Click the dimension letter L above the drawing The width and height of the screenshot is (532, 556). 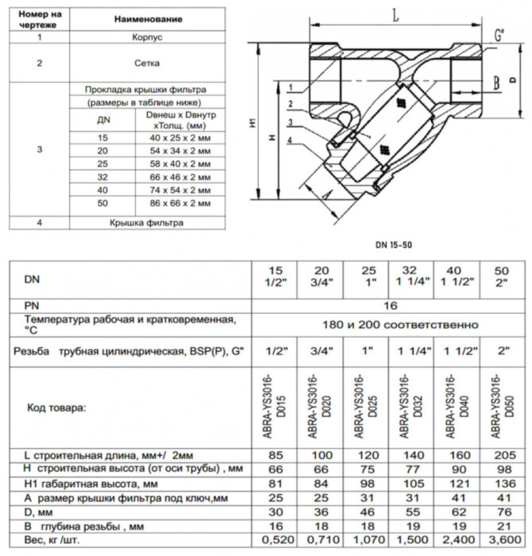tap(395, 15)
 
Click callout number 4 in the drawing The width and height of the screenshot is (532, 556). tap(291, 141)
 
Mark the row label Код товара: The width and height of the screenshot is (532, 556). tap(56, 407)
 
